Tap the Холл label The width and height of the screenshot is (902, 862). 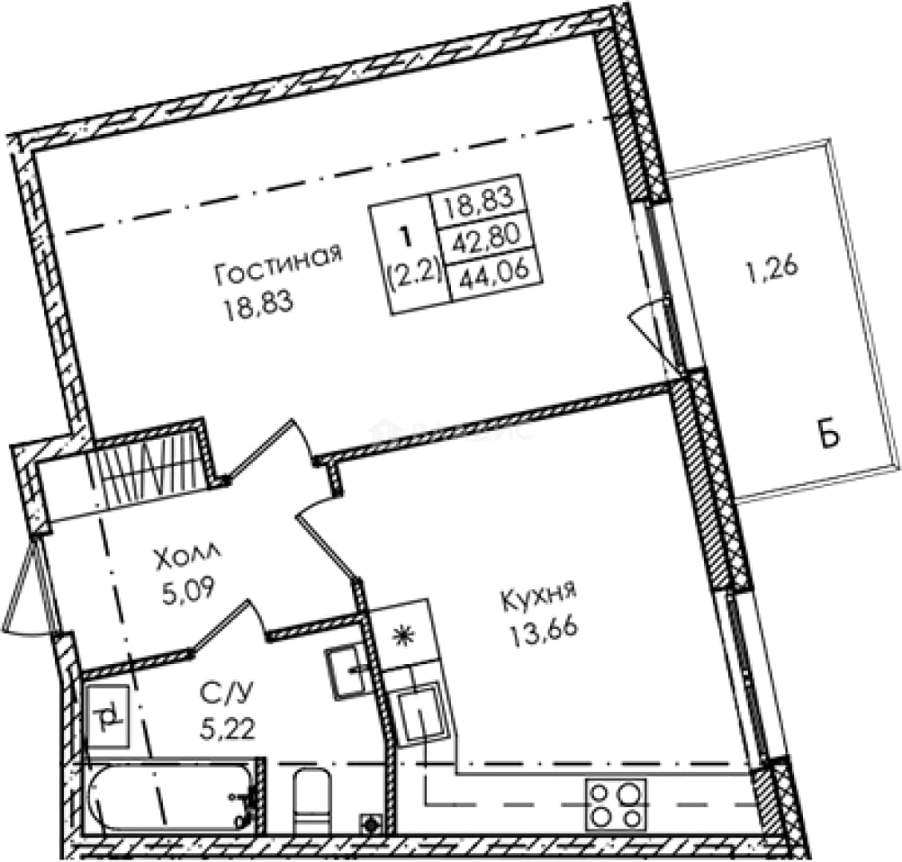coord(186,559)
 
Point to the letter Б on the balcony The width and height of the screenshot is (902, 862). coord(829,436)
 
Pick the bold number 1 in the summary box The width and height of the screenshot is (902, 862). coord(407,237)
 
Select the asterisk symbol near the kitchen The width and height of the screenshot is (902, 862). coord(402,636)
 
